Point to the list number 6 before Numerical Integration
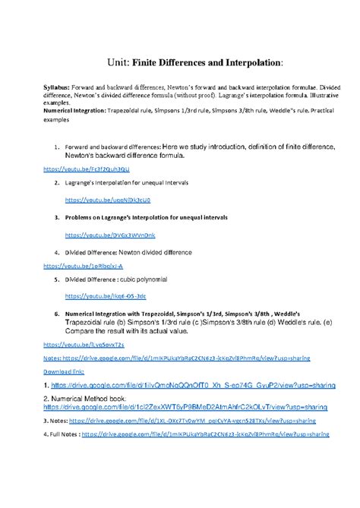(x=57, y=313)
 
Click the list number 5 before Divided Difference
(x=58, y=279)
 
